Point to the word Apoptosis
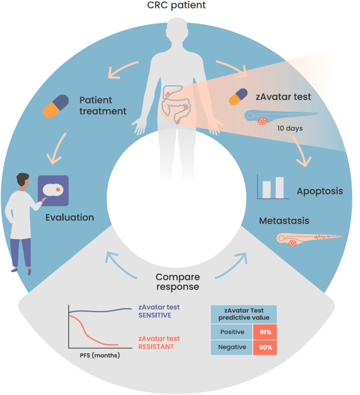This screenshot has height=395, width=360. (x=319, y=191)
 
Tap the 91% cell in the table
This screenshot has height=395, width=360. (x=265, y=331)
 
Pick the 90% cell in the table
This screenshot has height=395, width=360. (x=265, y=347)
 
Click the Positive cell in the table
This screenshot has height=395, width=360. (x=232, y=331)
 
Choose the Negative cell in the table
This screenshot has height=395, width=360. (x=232, y=347)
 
